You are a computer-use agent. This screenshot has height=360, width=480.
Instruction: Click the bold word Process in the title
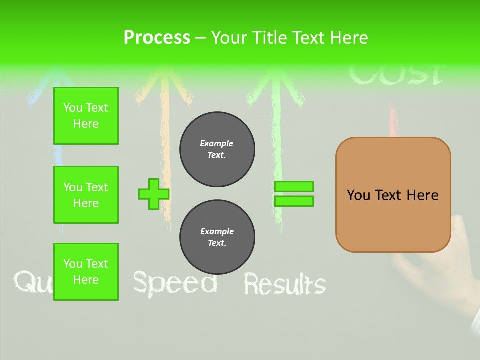157,38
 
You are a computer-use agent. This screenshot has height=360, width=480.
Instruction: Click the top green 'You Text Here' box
86,116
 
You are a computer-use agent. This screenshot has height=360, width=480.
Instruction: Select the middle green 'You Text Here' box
86,195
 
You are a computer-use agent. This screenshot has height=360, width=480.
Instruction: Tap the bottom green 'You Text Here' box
86,272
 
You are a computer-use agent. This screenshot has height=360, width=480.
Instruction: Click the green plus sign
153,194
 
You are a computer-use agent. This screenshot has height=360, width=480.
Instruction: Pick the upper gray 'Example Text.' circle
217,149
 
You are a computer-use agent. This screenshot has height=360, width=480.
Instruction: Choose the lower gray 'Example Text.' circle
217,237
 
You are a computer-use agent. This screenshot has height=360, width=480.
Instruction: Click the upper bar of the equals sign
294,186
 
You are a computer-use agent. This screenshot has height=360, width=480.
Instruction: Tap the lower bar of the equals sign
294,201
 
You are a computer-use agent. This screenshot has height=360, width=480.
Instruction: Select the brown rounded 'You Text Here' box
393,195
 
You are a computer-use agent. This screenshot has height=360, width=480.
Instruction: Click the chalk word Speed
175,283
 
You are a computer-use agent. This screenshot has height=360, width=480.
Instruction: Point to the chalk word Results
284,284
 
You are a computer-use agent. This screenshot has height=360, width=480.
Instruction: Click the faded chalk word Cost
395,75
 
